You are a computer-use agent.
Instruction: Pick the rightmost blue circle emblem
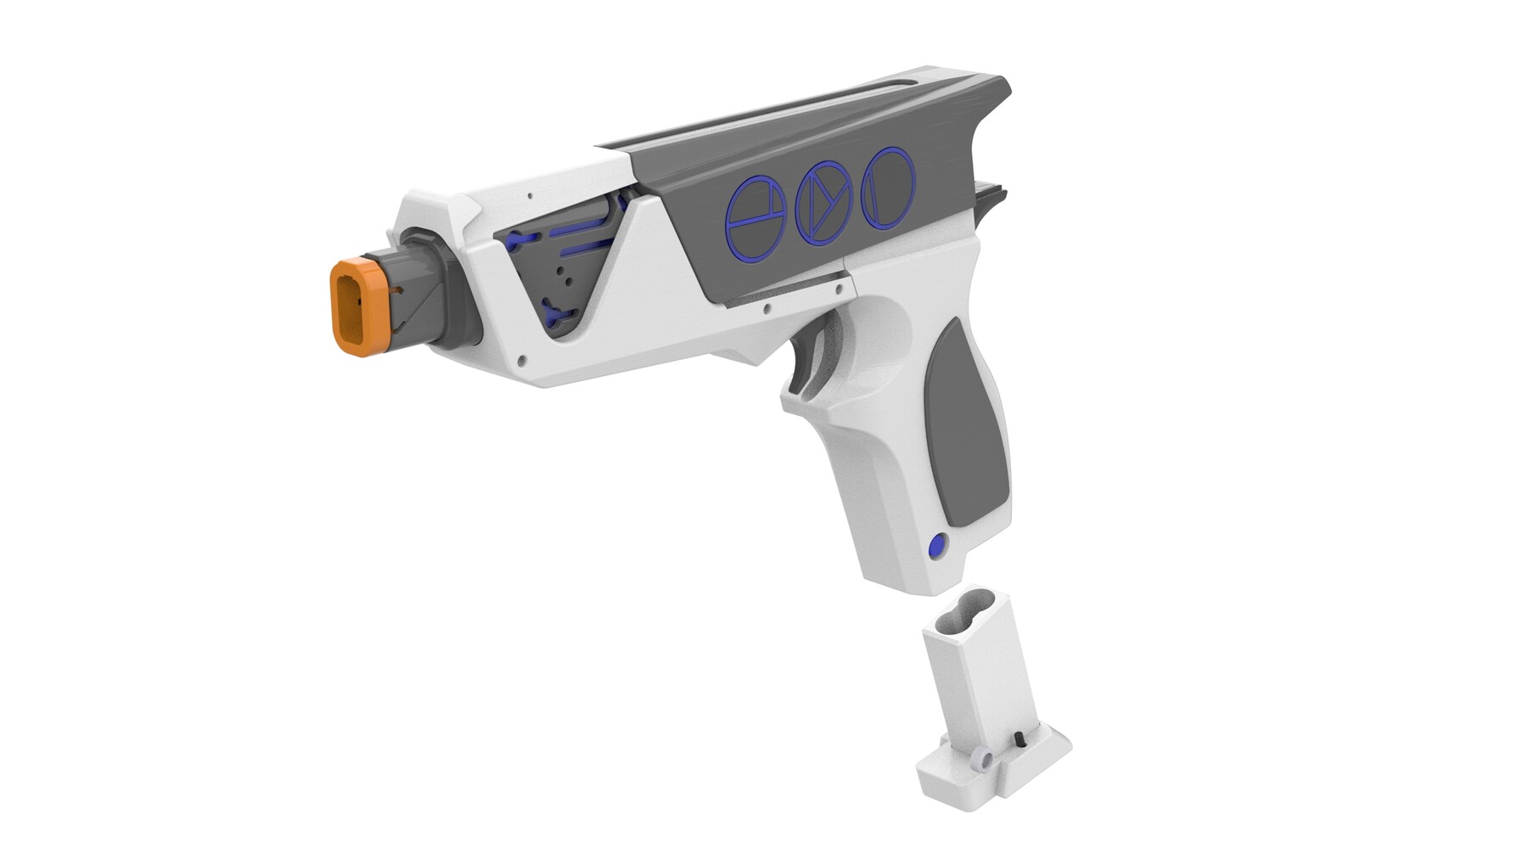pos(888,188)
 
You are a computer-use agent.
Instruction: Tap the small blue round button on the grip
pos(938,546)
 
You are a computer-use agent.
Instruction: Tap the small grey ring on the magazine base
pos(983,759)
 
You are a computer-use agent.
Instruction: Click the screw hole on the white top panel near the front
pos(531,195)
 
